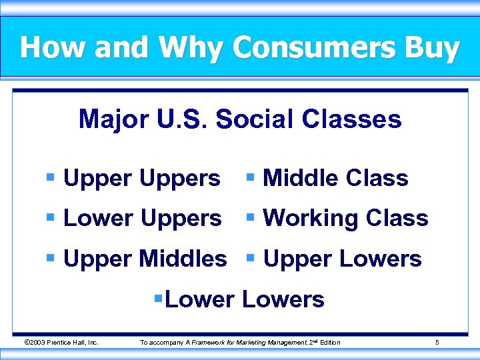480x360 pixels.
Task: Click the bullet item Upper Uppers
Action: point(141,179)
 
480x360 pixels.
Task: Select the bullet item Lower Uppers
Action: point(142,219)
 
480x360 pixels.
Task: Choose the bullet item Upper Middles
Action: point(145,259)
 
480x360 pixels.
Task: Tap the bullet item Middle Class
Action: point(335,179)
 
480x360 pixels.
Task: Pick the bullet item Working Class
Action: point(345,219)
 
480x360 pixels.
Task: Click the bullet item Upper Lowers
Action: point(342,259)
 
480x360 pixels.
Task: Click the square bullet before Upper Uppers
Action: point(50,178)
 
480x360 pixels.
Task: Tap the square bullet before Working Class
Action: point(250,218)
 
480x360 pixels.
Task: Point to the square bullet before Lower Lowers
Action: point(158,299)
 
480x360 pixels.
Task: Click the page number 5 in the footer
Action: point(437,343)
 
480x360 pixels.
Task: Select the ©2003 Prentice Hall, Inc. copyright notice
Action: point(61,343)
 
